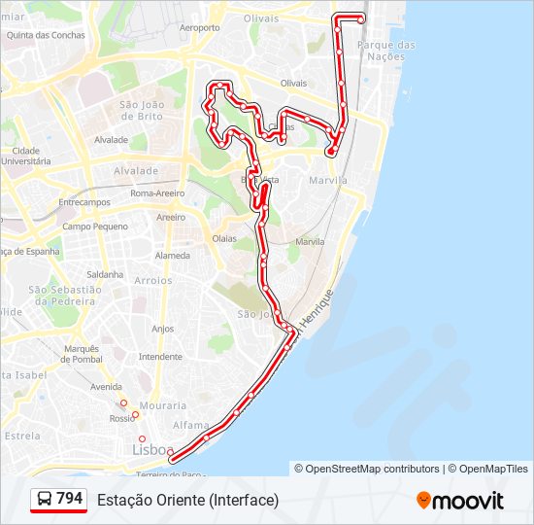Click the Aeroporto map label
click(x=200, y=28)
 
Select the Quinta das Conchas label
click(x=46, y=35)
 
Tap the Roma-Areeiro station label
click(x=156, y=193)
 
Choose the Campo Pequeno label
click(x=95, y=227)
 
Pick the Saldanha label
click(x=104, y=274)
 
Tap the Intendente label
click(x=160, y=357)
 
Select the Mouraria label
click(x=162, y=404)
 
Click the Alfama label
click(x=190, y=425)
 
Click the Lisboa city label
click(x=152, y=450)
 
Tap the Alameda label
click(x=173, y=256)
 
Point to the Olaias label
click(x=224, y=238)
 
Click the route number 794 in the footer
click(x=69, y=498)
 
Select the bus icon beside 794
click(x=45, y=499)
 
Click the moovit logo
click(x=460, y=501)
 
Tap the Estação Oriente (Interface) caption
click(x=187, y=500)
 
